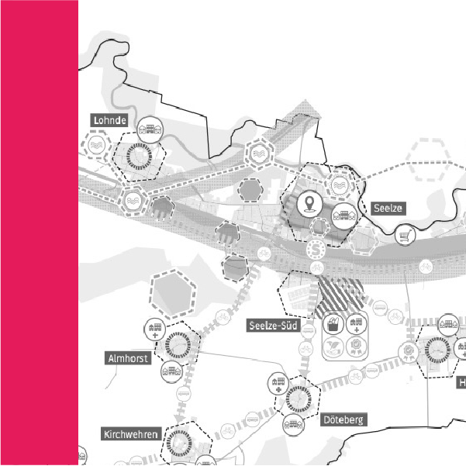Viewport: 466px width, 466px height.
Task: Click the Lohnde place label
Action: point(109,120)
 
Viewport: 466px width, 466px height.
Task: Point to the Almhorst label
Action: point(126,357)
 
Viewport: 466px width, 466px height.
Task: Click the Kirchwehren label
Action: point(131,433)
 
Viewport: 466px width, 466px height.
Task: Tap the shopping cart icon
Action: point(405,235)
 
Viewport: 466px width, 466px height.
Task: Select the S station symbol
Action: point(316,249)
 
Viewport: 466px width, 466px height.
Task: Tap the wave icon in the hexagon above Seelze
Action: point(340,185)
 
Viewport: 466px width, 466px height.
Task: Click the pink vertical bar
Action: point(39,233)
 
